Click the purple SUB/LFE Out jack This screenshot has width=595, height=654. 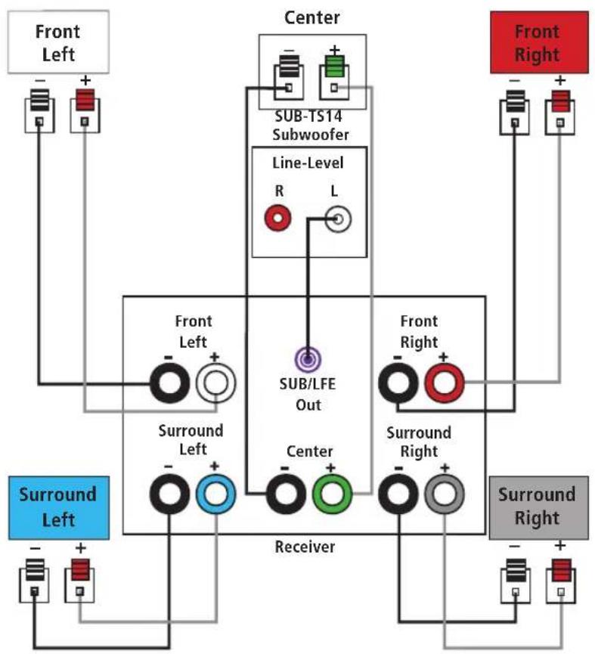tap(308, 359)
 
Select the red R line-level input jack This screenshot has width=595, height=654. tap(277, 218)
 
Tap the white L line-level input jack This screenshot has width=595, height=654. tap(338, 219)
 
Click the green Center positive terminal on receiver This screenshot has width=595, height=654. tap(333, 494)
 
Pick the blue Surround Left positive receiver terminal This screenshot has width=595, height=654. tap(215, 494)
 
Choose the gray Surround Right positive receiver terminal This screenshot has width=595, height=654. tap(444, 494)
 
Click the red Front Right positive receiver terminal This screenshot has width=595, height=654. tap(444, 383)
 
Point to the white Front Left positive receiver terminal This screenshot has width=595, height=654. tap(215, 383)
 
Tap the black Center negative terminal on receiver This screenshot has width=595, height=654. tap(286, 494)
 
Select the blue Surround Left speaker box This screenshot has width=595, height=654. tap(59, 507)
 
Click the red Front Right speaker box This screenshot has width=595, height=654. tap(539, 42)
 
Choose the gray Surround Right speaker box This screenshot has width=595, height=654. tap(539, 507)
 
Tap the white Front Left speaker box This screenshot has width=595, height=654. tap(58, 42)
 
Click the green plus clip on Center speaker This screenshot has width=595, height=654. tap(334, 67)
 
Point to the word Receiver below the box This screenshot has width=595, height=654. tap(305, 547)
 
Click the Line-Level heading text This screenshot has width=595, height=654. tap(308, 163)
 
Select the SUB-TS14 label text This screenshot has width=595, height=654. tap(308, 116)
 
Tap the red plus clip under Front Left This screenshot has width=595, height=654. tap(85, 100)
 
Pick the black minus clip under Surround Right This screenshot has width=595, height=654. tap(516, 570)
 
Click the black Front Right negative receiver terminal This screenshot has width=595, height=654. tap(398, 383)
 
